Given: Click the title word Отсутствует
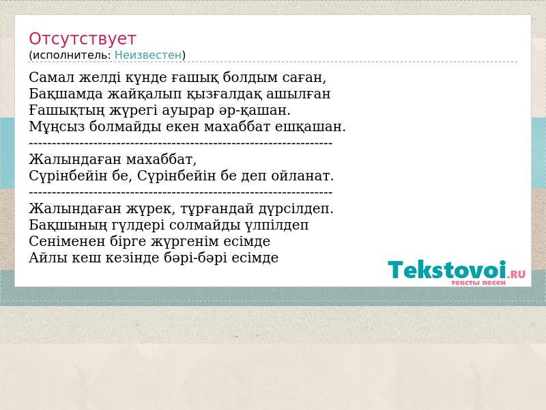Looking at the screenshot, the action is [x=82, y=39].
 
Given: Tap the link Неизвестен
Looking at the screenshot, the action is [x=148, y=55].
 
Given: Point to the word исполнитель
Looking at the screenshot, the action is [x=72, y=55].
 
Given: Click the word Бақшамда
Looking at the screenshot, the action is [x=66, y=94].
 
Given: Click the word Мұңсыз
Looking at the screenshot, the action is [x=57, y=126].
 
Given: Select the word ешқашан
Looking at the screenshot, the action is [x=311, y=126].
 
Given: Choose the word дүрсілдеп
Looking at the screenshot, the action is [x=296, y=209].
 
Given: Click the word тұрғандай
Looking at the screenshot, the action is [x=218, y=209].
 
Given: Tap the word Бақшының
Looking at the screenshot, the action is [x=68, y=225].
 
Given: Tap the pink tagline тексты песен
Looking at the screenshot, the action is [x=478, y=283].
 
